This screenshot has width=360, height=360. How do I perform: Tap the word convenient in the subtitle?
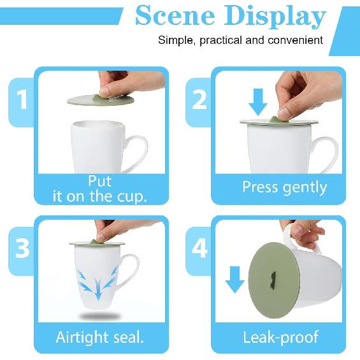(x=294, y=40)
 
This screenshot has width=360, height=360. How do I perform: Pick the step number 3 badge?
(x=22, y=248)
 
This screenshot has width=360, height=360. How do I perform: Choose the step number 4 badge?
(x=199, y=248)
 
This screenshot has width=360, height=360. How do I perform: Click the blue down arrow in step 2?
(x=258, y=102)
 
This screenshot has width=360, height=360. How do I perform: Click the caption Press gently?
(x=284, y=187)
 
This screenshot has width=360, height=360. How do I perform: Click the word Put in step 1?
(x=100, y=180)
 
